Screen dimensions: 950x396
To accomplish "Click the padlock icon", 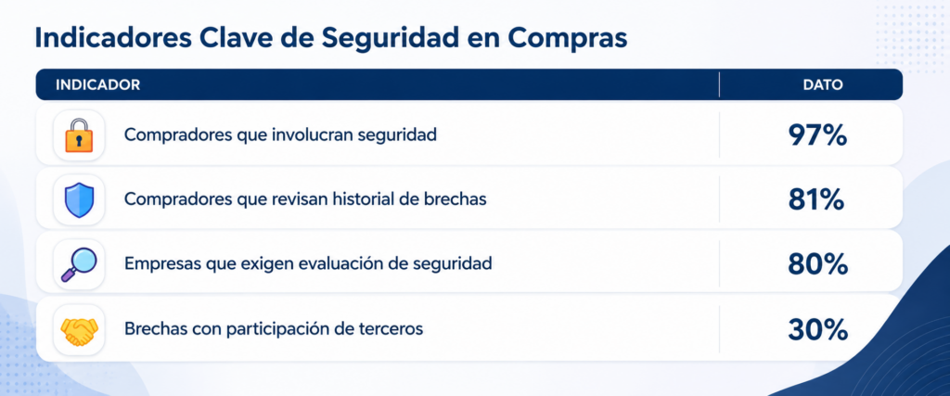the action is click(x=79, y=135).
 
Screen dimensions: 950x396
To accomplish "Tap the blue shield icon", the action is click(x=79, y=199).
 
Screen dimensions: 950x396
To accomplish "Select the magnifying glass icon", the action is click(x=79, y=264).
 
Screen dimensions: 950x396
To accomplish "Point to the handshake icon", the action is click(x=79, y=330).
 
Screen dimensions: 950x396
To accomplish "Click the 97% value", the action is click(x=816, y=135).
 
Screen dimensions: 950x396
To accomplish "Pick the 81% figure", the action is click(x=815, y=199).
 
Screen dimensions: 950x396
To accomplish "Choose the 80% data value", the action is click(x=816, y=264).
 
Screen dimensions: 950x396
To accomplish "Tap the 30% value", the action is click(x=816, y=330).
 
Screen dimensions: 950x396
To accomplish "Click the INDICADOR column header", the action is click(x=97, y=84).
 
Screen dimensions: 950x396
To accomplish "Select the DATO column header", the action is click(x=823, y=84).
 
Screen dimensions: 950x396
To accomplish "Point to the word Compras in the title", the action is click(x=567, y=39).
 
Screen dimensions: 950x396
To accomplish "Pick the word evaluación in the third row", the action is click(x=350, y=264).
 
